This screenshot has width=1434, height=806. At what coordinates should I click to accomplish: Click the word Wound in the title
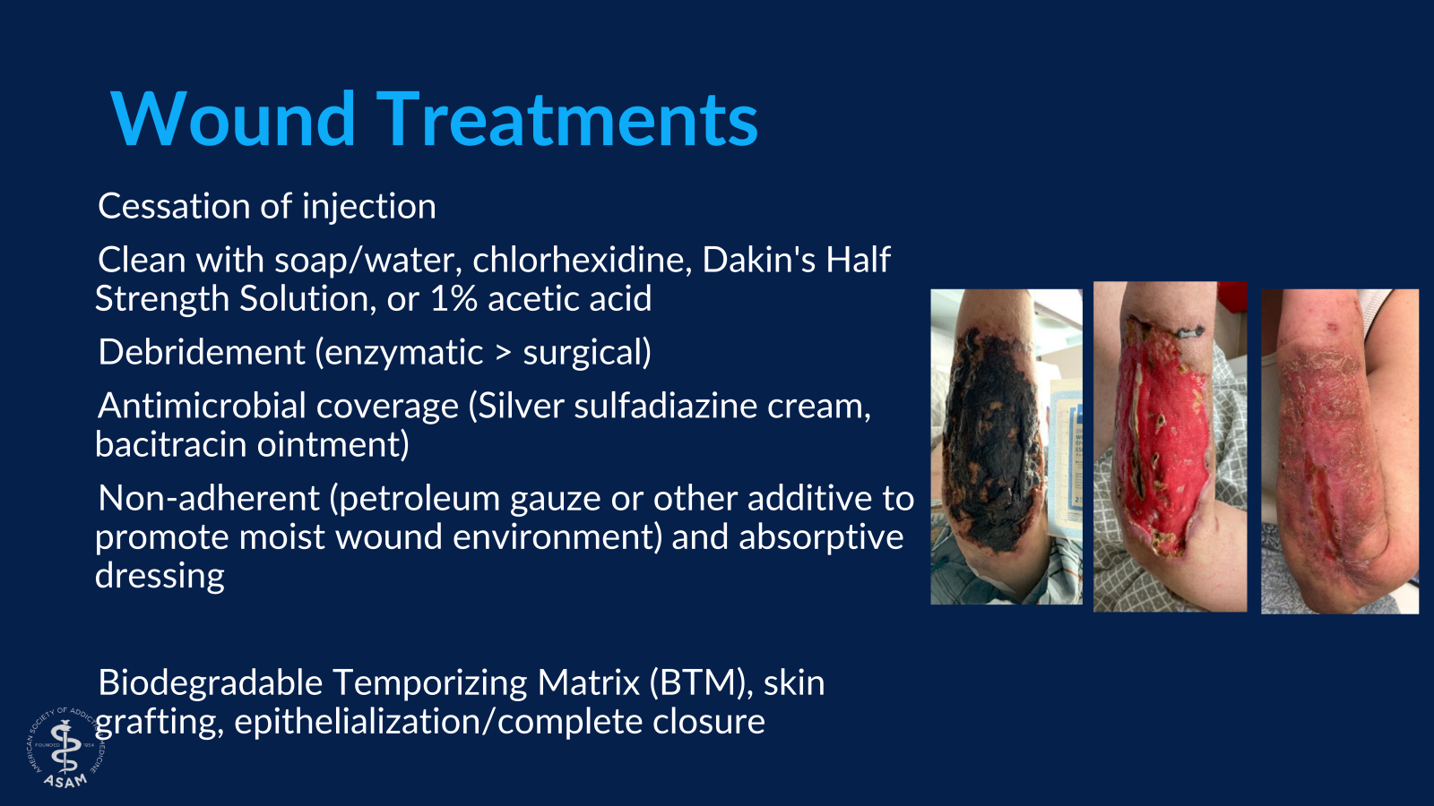[233, 119]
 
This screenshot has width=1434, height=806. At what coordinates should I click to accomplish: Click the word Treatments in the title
[566, 119]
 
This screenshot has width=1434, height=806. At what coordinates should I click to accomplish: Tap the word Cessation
[174, 207]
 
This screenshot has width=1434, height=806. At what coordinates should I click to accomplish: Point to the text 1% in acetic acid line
[454, 299]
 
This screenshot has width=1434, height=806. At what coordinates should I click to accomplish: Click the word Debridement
[201, 353]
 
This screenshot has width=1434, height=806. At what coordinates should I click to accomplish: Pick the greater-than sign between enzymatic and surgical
[504, 353]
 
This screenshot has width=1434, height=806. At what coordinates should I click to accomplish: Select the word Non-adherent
[208, 499]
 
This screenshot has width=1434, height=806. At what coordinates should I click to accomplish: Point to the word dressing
[160, 576]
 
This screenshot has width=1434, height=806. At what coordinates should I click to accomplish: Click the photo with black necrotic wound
[1006, 447]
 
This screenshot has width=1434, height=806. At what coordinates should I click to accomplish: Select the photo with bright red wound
[1170, 447]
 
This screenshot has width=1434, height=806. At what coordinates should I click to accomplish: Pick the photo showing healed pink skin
[1339, 450]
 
